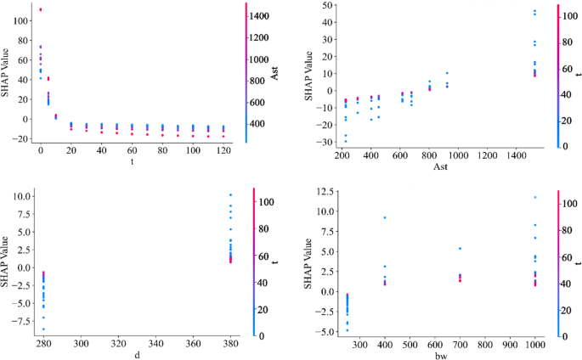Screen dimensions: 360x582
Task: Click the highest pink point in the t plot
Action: (x=40, y=10)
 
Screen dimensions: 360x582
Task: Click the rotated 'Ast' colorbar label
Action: (x=274, y=74)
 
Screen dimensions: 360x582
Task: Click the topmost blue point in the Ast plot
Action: (x=534, y=11)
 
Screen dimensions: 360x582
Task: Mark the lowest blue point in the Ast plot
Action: (x=346, y=141)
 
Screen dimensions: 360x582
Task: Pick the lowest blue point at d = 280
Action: (x=43, y=329)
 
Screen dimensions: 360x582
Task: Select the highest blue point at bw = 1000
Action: (x=534, y=197)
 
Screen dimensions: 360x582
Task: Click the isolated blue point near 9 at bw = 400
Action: (x=385, y=217)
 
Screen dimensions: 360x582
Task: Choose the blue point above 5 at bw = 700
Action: (x=460, y=249)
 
